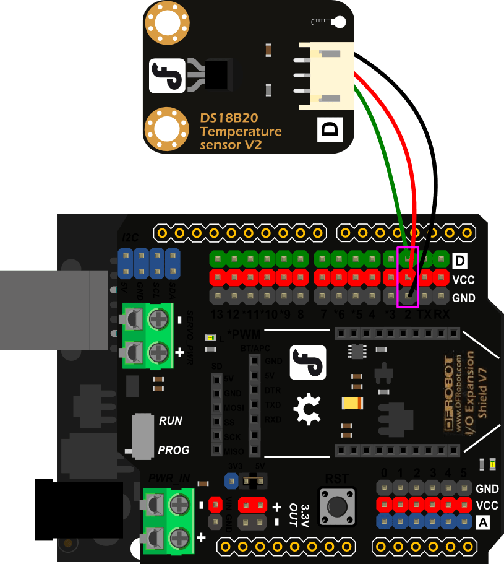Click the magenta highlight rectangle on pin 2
click(x=408, y=277)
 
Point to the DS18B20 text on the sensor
click(x=229, y=118)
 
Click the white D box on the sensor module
click(x=330, y=129)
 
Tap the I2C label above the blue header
click(x=130, y=237)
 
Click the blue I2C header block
click(x=149, y=263)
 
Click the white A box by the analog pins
click(x=484, y=522)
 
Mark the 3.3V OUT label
click(x=304, y=514)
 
